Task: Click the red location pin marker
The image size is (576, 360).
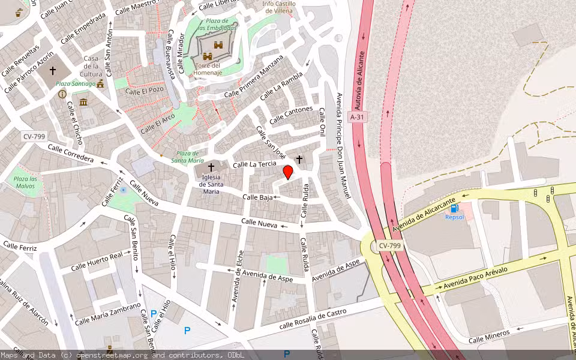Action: pos(288,173)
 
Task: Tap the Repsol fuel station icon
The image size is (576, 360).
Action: pos(454,208)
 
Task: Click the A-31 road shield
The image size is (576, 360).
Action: pos(357,117)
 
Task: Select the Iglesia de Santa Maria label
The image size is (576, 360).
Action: pos(211,184)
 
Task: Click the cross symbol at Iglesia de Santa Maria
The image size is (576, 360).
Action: pos(211,167)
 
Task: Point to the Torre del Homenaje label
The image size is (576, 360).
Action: pos(208,69)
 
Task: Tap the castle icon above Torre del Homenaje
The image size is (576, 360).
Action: pos(208,56)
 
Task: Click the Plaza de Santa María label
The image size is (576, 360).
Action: pos(187,157)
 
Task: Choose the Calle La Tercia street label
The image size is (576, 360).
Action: pos(254,164)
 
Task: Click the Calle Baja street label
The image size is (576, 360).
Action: pos(258,197)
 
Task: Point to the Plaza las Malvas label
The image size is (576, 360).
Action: pos(26,182)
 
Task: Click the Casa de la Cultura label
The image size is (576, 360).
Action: pos(91,66)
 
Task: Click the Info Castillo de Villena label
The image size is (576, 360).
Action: pos(278,7)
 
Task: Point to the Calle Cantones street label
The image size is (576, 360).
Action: pos(291,115)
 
